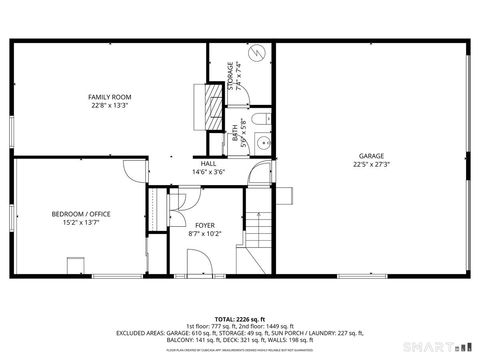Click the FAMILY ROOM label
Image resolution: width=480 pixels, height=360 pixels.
pyautogui.click(x=111, y=97)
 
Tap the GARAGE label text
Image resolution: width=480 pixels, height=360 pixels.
pyautogui.click(x=371, y=155)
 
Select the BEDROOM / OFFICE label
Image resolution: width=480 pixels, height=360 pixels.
pyautogui.click(x=82, y=213)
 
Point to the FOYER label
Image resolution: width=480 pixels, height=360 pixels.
pyautogui.click(x=204, y=226)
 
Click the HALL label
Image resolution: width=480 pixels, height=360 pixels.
pyautogui.click(x=209, y=163)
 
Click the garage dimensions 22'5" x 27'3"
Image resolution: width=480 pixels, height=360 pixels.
pyautogui.click(x=371, y=164)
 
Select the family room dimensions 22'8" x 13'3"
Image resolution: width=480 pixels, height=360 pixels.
pyautogui.click(x=111, y=106)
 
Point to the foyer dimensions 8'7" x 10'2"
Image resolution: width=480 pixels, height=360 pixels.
pyautogui.click(x=204, y=235)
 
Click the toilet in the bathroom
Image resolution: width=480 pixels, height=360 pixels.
pyautogui.click(x=260, y=122)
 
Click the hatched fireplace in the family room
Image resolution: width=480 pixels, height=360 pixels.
pyautogui.click(x=211, y=103)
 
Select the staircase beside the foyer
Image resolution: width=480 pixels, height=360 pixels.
pyautogui.click(x=259, y=235)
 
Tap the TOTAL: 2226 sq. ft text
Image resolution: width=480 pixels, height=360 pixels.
pyautogui.click(x=239, y=319)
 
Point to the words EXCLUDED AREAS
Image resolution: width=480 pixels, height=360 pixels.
pyautogui.click(x=143, y=333)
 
